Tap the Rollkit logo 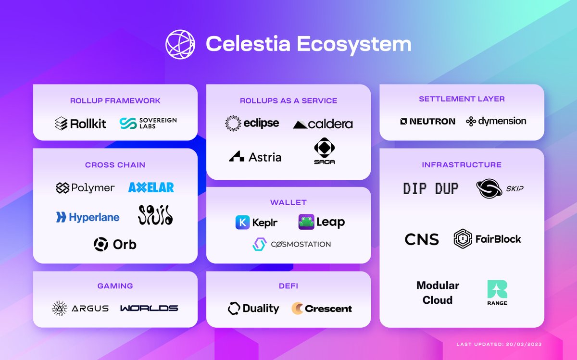pyautogui.click(x=80, y=124)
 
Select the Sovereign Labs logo pyautogui.click(x=148, y=123)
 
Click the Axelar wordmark pyautogui.click(x=151, y=187)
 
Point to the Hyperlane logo pyautogui.click(x=88, y=217)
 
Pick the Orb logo pyautogui.click(x=115, y=244)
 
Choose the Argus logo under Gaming pyautogui.click(x=80, y=308)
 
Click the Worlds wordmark pyautogui.click(x=149, y=308)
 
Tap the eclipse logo pyautogui.click(x=252, y=123)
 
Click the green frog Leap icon pyautogui.click(x=306, y=222)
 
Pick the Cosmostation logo pyautogui.click(x=291, y=244)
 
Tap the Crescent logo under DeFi pyautogui.click(x=322, y=308)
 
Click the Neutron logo pyautogui.click(x=427, y=121)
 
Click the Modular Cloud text pyautogui.click(x=438, y=293)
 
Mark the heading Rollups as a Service pyautogui.click(x=288, y=101)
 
